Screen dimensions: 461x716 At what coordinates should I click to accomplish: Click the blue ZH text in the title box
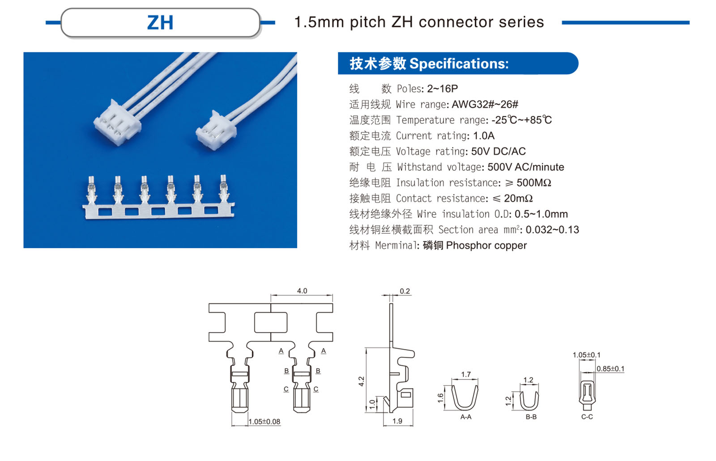pos(160,23)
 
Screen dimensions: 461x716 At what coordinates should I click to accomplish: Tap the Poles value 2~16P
pos(442,89)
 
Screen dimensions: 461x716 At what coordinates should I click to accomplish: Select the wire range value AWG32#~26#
pos(485,104)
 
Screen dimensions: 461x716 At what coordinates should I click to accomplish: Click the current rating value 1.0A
pos(483,135)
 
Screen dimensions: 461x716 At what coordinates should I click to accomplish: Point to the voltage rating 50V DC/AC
pos(498,151)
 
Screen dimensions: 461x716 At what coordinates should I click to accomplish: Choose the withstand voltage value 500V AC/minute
pos(525,167)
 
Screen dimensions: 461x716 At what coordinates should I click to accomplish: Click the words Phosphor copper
pos(486,245)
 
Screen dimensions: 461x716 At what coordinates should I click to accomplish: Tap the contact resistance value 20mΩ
pos(518,198)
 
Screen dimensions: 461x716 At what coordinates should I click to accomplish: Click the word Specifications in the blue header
pos(458,63)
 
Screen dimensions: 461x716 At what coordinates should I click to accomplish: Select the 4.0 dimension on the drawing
pos(302,291)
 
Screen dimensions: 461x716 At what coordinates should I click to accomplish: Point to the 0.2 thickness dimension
pos(405,291)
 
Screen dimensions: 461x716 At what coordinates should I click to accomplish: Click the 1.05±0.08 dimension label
pos(264,421)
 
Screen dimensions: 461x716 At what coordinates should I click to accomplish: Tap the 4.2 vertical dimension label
pos(361,381)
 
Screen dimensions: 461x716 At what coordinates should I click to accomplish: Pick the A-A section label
pos(465,417)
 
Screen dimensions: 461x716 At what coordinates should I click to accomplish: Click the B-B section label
pos(531,417)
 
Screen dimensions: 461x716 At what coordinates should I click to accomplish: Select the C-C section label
pos(587,417)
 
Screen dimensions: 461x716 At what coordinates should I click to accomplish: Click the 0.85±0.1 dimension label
pos(610,368)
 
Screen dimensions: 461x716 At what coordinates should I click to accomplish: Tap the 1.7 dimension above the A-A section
pos(465,374)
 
